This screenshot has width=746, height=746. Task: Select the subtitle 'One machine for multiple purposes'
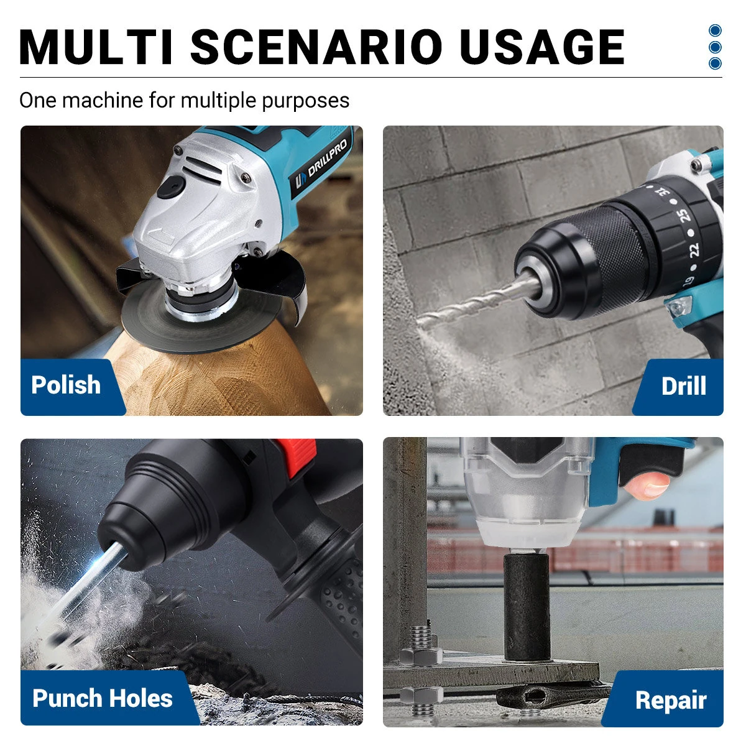point(184,100)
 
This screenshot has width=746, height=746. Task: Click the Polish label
point(66,385)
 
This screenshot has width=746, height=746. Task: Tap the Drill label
point(683,386)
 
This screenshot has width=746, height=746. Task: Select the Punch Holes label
point(103,698)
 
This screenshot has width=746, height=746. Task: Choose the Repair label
point(670,701)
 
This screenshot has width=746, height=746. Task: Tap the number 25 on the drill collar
point(684,215)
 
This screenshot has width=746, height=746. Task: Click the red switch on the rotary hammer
point(296,449)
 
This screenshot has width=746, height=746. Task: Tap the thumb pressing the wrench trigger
point(647,486)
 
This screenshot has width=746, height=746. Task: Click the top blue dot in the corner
point(715,30)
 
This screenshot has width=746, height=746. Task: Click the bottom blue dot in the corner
point(715,63)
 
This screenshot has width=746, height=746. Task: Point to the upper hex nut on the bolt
point(421,654)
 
